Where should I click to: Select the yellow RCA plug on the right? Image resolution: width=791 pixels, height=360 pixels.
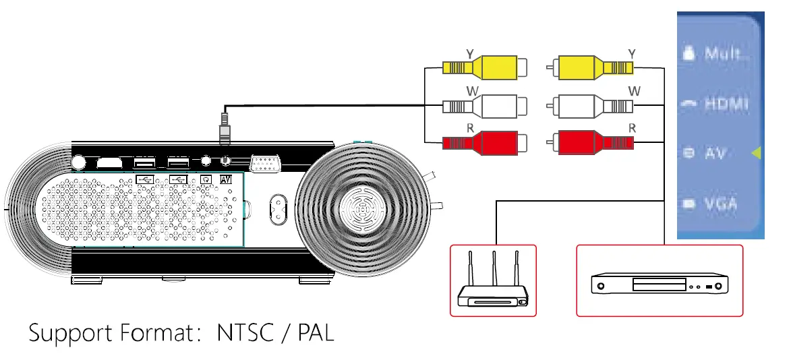click(x=590, y=68)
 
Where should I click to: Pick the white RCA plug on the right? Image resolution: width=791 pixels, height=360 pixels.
click(x=590, y=106)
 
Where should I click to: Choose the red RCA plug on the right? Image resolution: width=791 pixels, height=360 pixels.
click(x=590, y=143)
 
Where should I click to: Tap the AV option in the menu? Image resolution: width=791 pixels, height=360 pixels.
click(x=714, y=154)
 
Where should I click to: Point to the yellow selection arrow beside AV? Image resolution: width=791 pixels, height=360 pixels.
click(x=756, y=154)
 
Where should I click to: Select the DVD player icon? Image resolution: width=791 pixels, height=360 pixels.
click(x=659, y=283)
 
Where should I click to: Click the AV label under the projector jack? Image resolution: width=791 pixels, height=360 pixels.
click(x=226, y=179)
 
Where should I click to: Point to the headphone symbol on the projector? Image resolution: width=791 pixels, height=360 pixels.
click(x=207, y=179)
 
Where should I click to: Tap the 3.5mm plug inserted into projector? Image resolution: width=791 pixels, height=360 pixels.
click(x=225, y=132)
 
